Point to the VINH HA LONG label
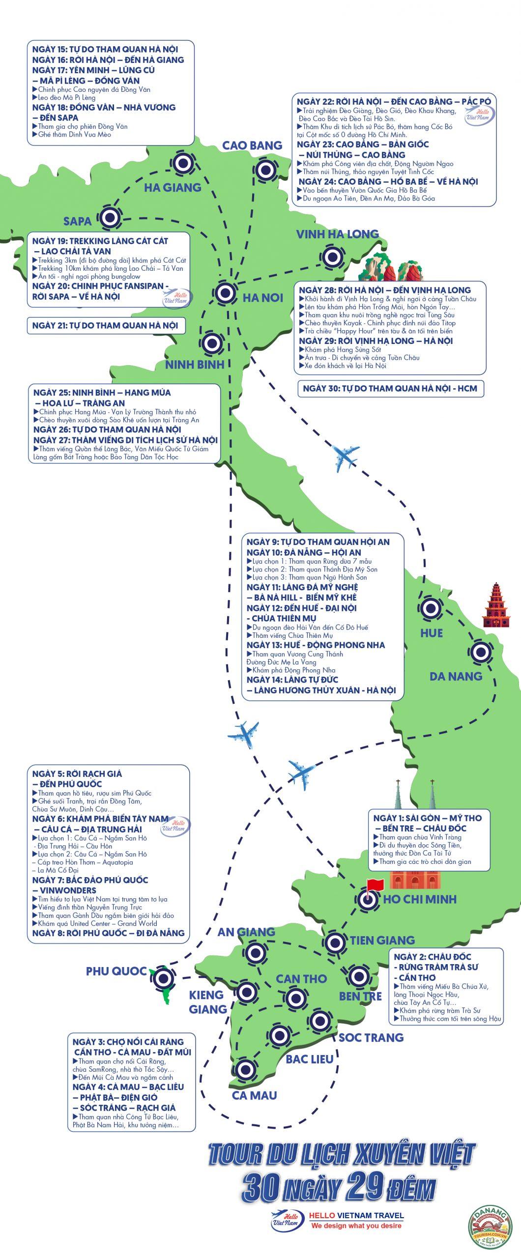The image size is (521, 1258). pyautogui.click(x=337, y=234)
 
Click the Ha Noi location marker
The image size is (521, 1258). pyautogui.click(x=226, y=293)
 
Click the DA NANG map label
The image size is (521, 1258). pyautogui.click(x=456, y=676)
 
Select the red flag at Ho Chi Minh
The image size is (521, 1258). pyautogui.click(x=374, y=885)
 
